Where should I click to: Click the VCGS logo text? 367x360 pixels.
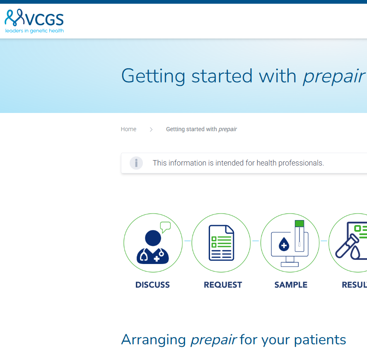click(44, 19)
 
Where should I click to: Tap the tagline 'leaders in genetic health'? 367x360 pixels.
click(34, 31)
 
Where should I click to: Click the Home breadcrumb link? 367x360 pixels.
click(128, 129)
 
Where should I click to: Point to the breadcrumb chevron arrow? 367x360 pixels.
click(151, 130)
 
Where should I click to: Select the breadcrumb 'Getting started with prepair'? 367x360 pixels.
click(201, 129)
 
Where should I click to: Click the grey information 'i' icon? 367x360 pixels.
click(136, 163)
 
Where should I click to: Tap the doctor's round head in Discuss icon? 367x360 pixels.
click(153, 238)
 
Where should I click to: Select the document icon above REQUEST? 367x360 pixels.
click(221, 242)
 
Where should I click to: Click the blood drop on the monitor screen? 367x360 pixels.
click(284, 244)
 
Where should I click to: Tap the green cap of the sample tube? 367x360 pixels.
click(299, 223)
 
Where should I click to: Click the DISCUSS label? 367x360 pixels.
click(152, 285)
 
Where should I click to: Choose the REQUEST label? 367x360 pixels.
click(223, 285)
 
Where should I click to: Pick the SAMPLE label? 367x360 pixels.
click(291, 285)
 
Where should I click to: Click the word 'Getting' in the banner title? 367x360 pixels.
click(153, 76)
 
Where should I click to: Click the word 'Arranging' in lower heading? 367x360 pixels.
click(154, 340)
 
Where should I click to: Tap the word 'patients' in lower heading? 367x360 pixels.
click(320, 340)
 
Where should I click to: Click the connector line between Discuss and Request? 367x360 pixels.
click(188, 241)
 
